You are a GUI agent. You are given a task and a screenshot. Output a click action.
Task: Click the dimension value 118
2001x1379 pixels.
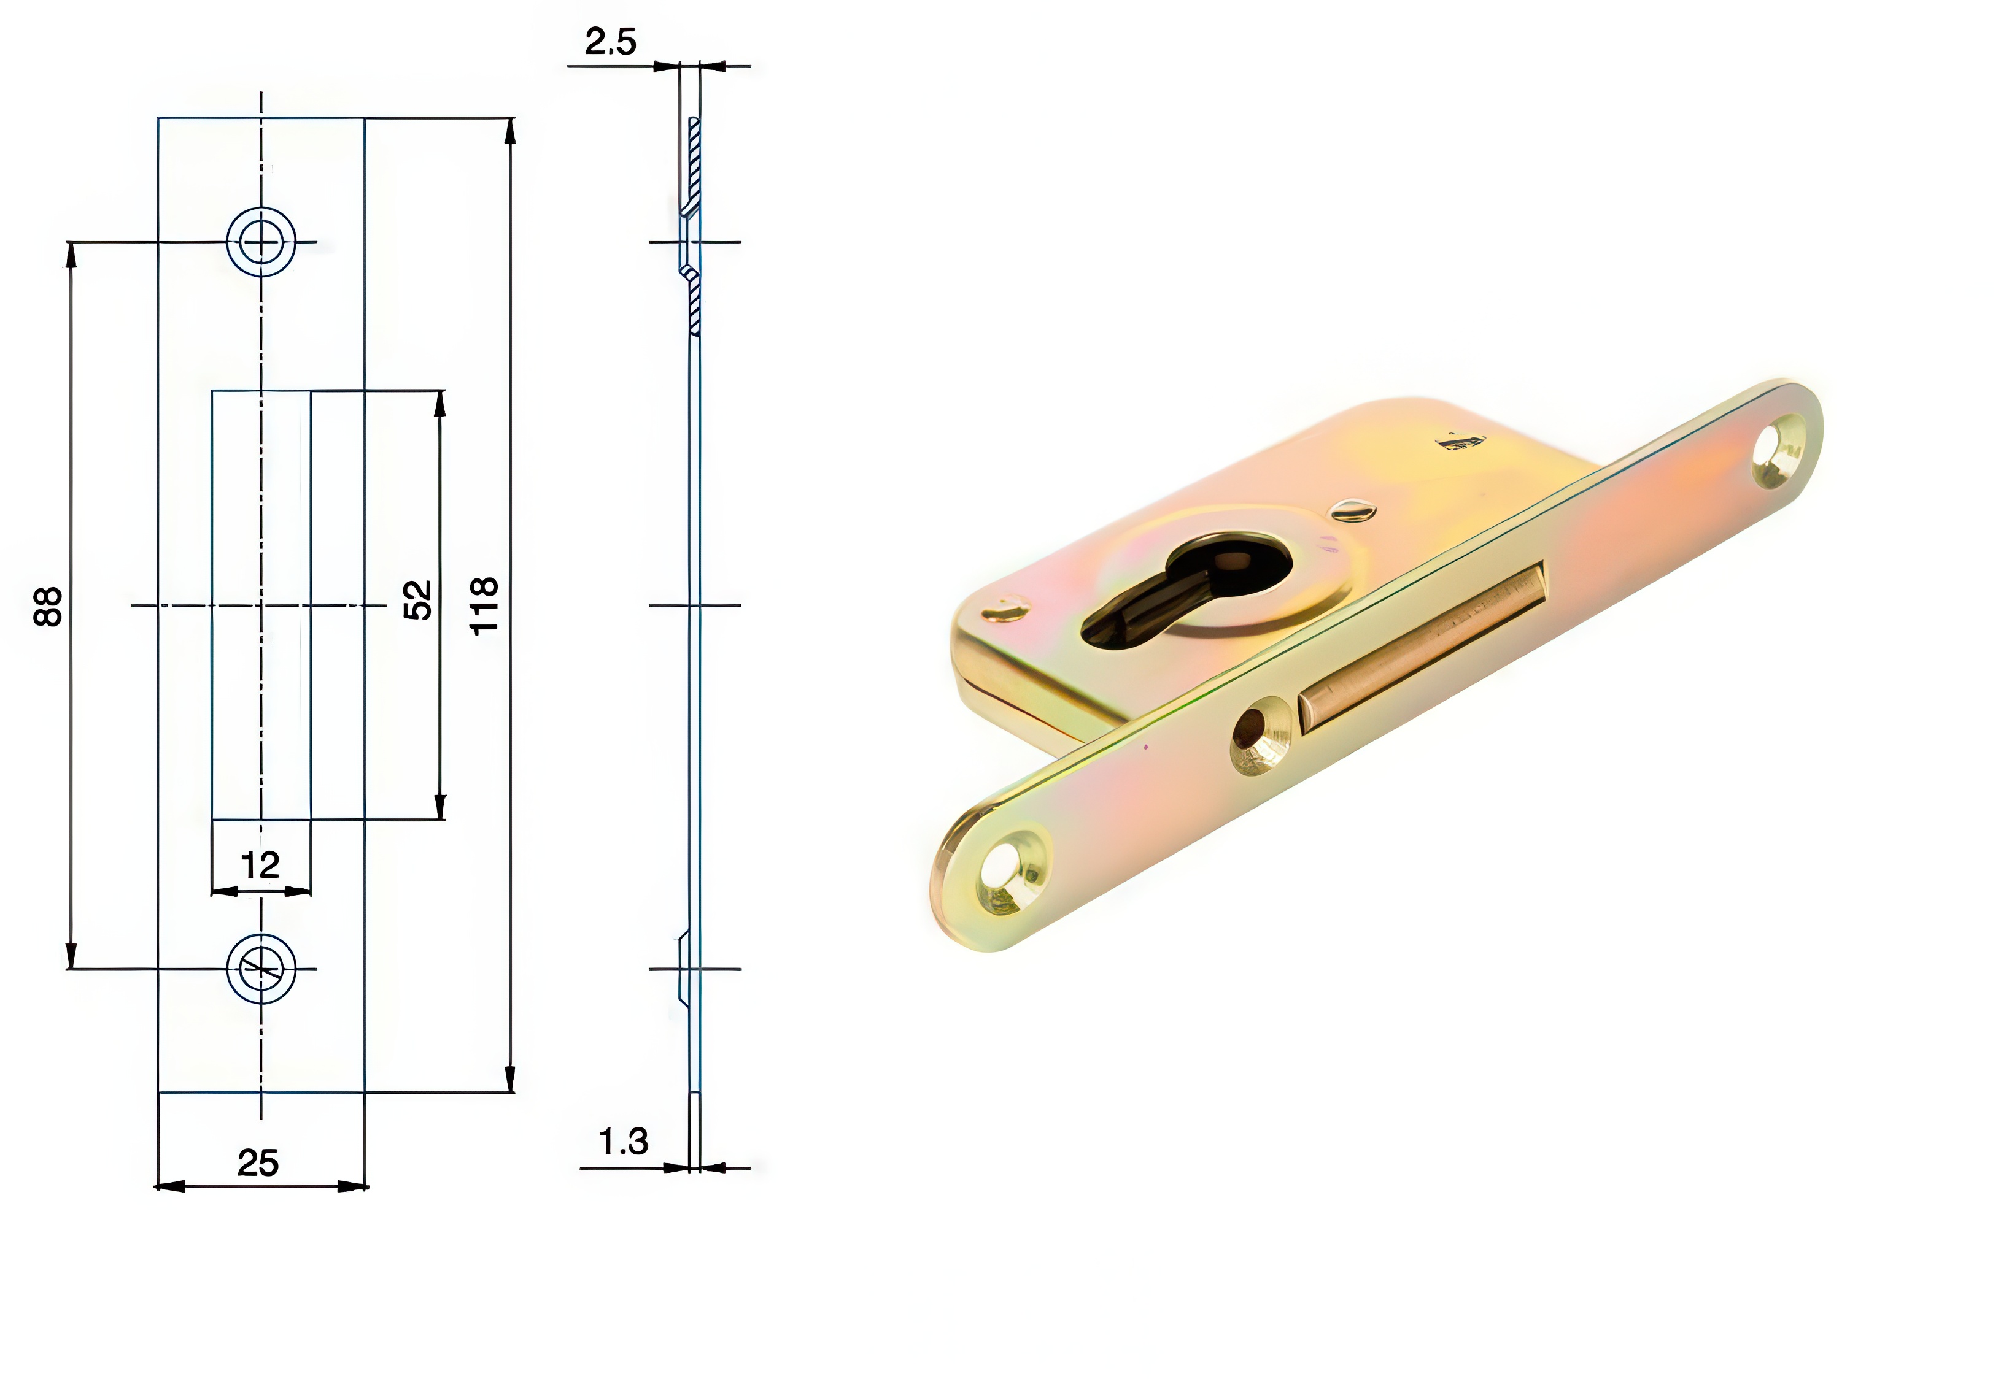pos(484,605)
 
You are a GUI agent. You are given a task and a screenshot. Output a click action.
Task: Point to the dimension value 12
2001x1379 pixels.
pos(260,865)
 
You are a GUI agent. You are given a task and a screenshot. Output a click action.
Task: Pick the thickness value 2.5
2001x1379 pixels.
pos(610,42)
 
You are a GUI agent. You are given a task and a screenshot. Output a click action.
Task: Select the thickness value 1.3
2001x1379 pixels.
pos(623,1142)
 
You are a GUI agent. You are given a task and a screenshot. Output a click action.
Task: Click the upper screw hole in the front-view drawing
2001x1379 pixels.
pos(261,242)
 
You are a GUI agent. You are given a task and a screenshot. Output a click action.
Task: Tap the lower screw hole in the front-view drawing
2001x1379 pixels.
pos(261,969)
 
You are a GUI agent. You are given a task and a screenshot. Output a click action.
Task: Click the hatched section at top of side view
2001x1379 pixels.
pos(692,164)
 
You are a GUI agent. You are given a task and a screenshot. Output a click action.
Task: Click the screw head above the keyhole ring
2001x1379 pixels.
pos(1353,510)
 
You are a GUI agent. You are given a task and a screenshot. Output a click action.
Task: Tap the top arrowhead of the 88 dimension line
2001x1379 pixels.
pos(71,256)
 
